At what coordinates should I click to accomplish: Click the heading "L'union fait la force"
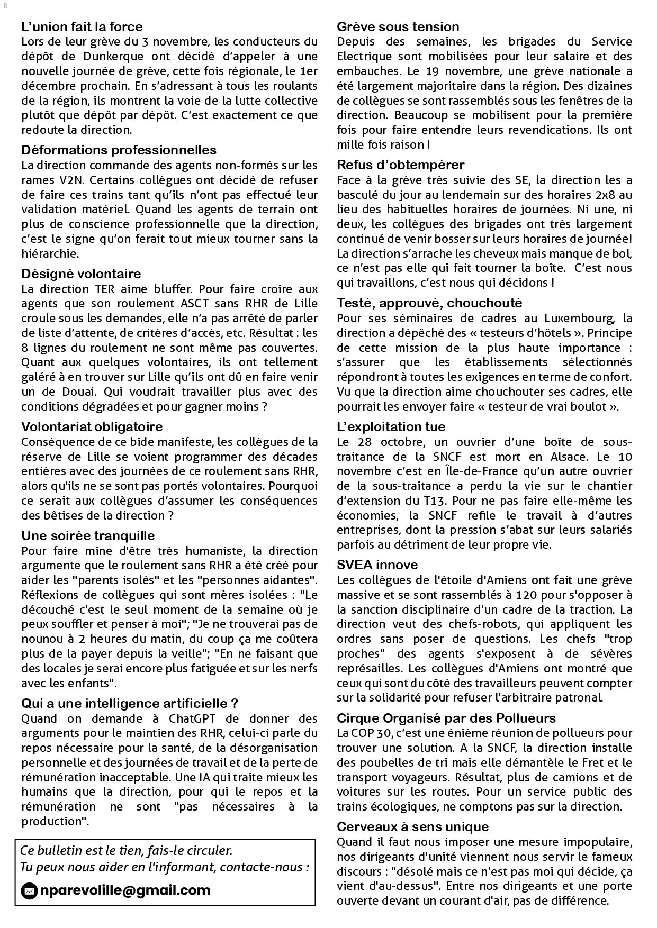click(82, 26)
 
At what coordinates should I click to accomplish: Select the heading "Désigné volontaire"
click(81, 274)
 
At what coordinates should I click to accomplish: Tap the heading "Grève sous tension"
click(398, 26)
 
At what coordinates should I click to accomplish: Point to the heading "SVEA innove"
click(377, 565)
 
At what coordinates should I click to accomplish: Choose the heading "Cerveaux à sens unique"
click(413, 826)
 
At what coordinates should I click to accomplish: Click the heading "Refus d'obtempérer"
click(400, 165)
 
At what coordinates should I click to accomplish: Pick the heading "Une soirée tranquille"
click(88, 535)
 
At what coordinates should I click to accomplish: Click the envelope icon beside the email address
click(29, 891)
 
